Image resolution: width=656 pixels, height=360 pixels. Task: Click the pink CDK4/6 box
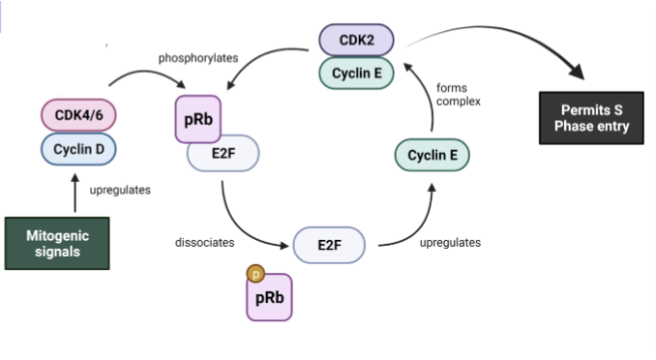click(x=78, y=115)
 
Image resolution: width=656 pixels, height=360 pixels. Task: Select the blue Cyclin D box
click(x=78, y=148)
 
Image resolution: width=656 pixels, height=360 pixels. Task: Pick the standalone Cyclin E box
click(x=432, y=156)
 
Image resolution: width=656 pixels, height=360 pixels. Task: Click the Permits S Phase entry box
click(x=589, y=117)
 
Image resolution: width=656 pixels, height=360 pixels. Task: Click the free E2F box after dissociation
click(x=329, y=244)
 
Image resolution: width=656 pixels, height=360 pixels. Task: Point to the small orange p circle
click(x=255, y=274)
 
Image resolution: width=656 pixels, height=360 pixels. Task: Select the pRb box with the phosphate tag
click(x=269, y=298)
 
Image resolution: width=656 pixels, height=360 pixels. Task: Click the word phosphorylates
click(x=198, y=58)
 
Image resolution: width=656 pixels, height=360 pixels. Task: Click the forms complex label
click(x=458, y=94)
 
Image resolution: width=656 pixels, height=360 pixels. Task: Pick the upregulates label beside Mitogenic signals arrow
click(x=120, y=190)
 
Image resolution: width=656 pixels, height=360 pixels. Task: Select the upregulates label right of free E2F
click(x=450, y=242)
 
